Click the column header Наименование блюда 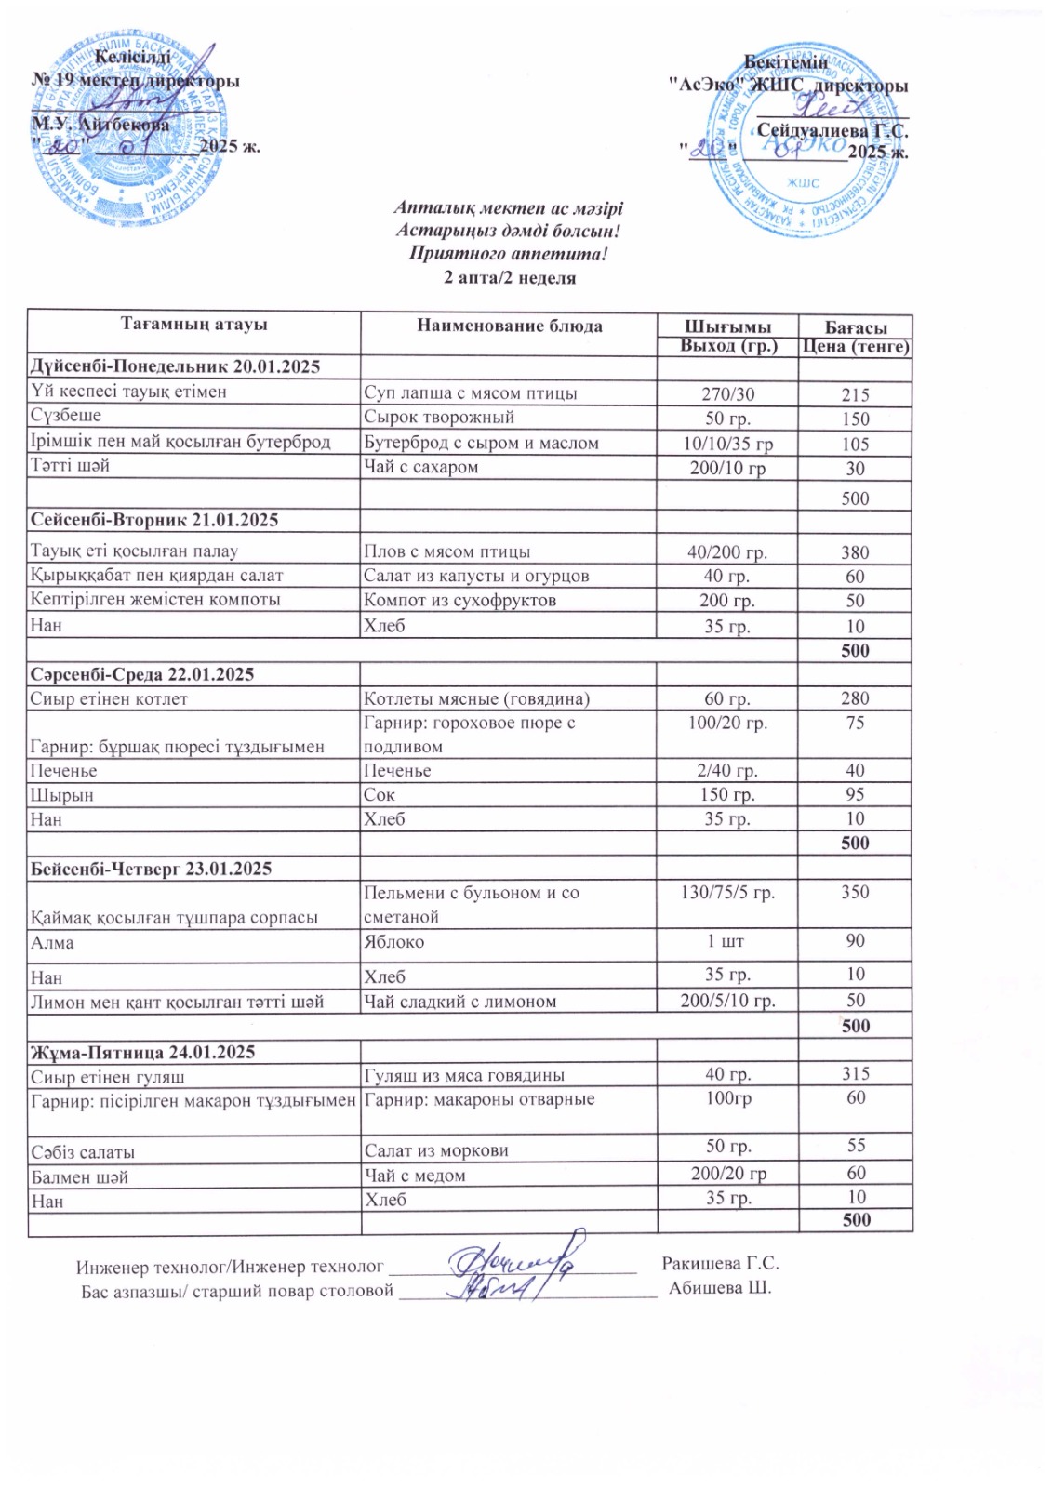(509, 325)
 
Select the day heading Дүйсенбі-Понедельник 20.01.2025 (175, 366)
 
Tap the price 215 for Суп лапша (855, 394)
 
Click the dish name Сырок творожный (439, 418)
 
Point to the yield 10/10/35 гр (727, 444)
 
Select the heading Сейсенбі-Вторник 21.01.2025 (154, 520)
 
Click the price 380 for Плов (855, 552)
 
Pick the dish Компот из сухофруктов (460, 601)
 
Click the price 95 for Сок (855, 794)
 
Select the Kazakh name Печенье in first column (63, 771)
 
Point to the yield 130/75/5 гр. (727, 893)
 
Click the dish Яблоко (394, 942)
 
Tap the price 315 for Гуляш (855, 1074)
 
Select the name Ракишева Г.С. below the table (720, 1264)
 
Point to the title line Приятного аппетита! (508, 253)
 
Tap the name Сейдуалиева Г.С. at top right (832, 131)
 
